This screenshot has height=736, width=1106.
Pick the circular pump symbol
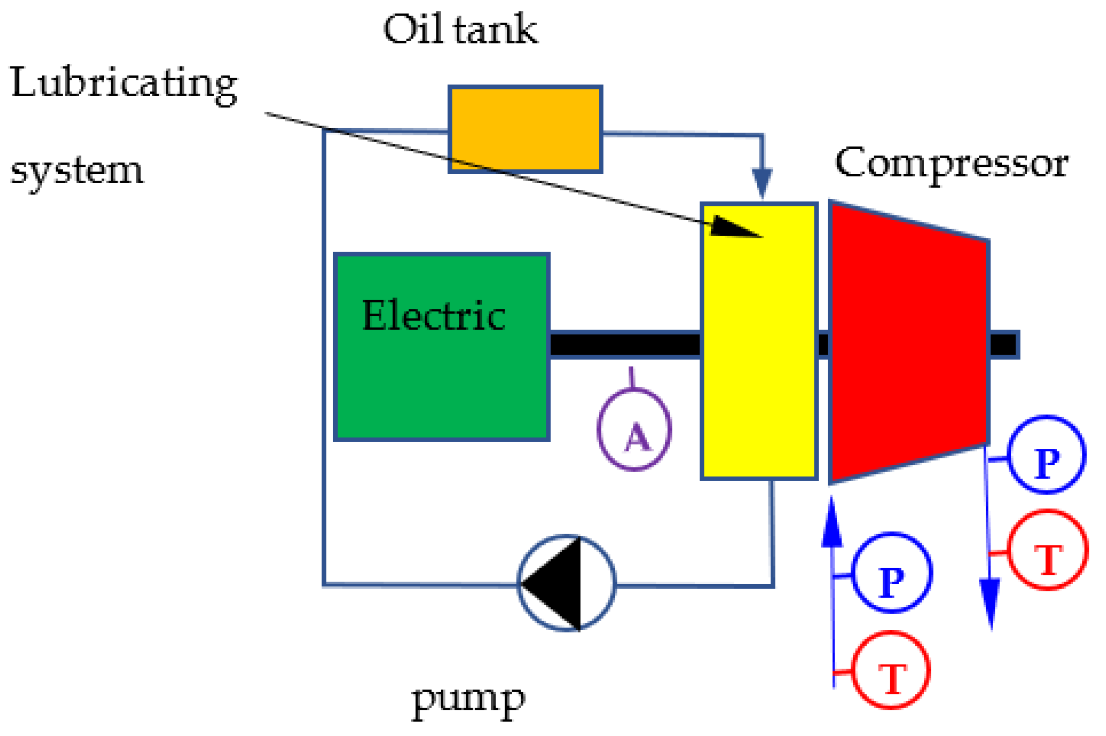point(566,583)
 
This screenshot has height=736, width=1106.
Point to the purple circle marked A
point(634,430)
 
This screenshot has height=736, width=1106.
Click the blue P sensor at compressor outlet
point(1046,454)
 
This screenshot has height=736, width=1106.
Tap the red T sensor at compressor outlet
point(1048,550)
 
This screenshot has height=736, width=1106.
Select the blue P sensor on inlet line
point(892,572)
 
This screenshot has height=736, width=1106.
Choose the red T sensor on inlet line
point(891,670)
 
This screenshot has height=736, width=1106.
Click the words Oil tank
point(460,29)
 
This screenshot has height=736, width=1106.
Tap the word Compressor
point(952,164)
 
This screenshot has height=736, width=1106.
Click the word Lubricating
point(124,83)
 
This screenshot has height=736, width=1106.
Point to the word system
point(77,171)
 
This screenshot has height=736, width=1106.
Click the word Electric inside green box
point(434,315)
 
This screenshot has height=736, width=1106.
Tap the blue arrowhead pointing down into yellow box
point(762,183)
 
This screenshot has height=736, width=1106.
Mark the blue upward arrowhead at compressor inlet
point(832,522)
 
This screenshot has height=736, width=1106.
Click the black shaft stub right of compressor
point(1004,344)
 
